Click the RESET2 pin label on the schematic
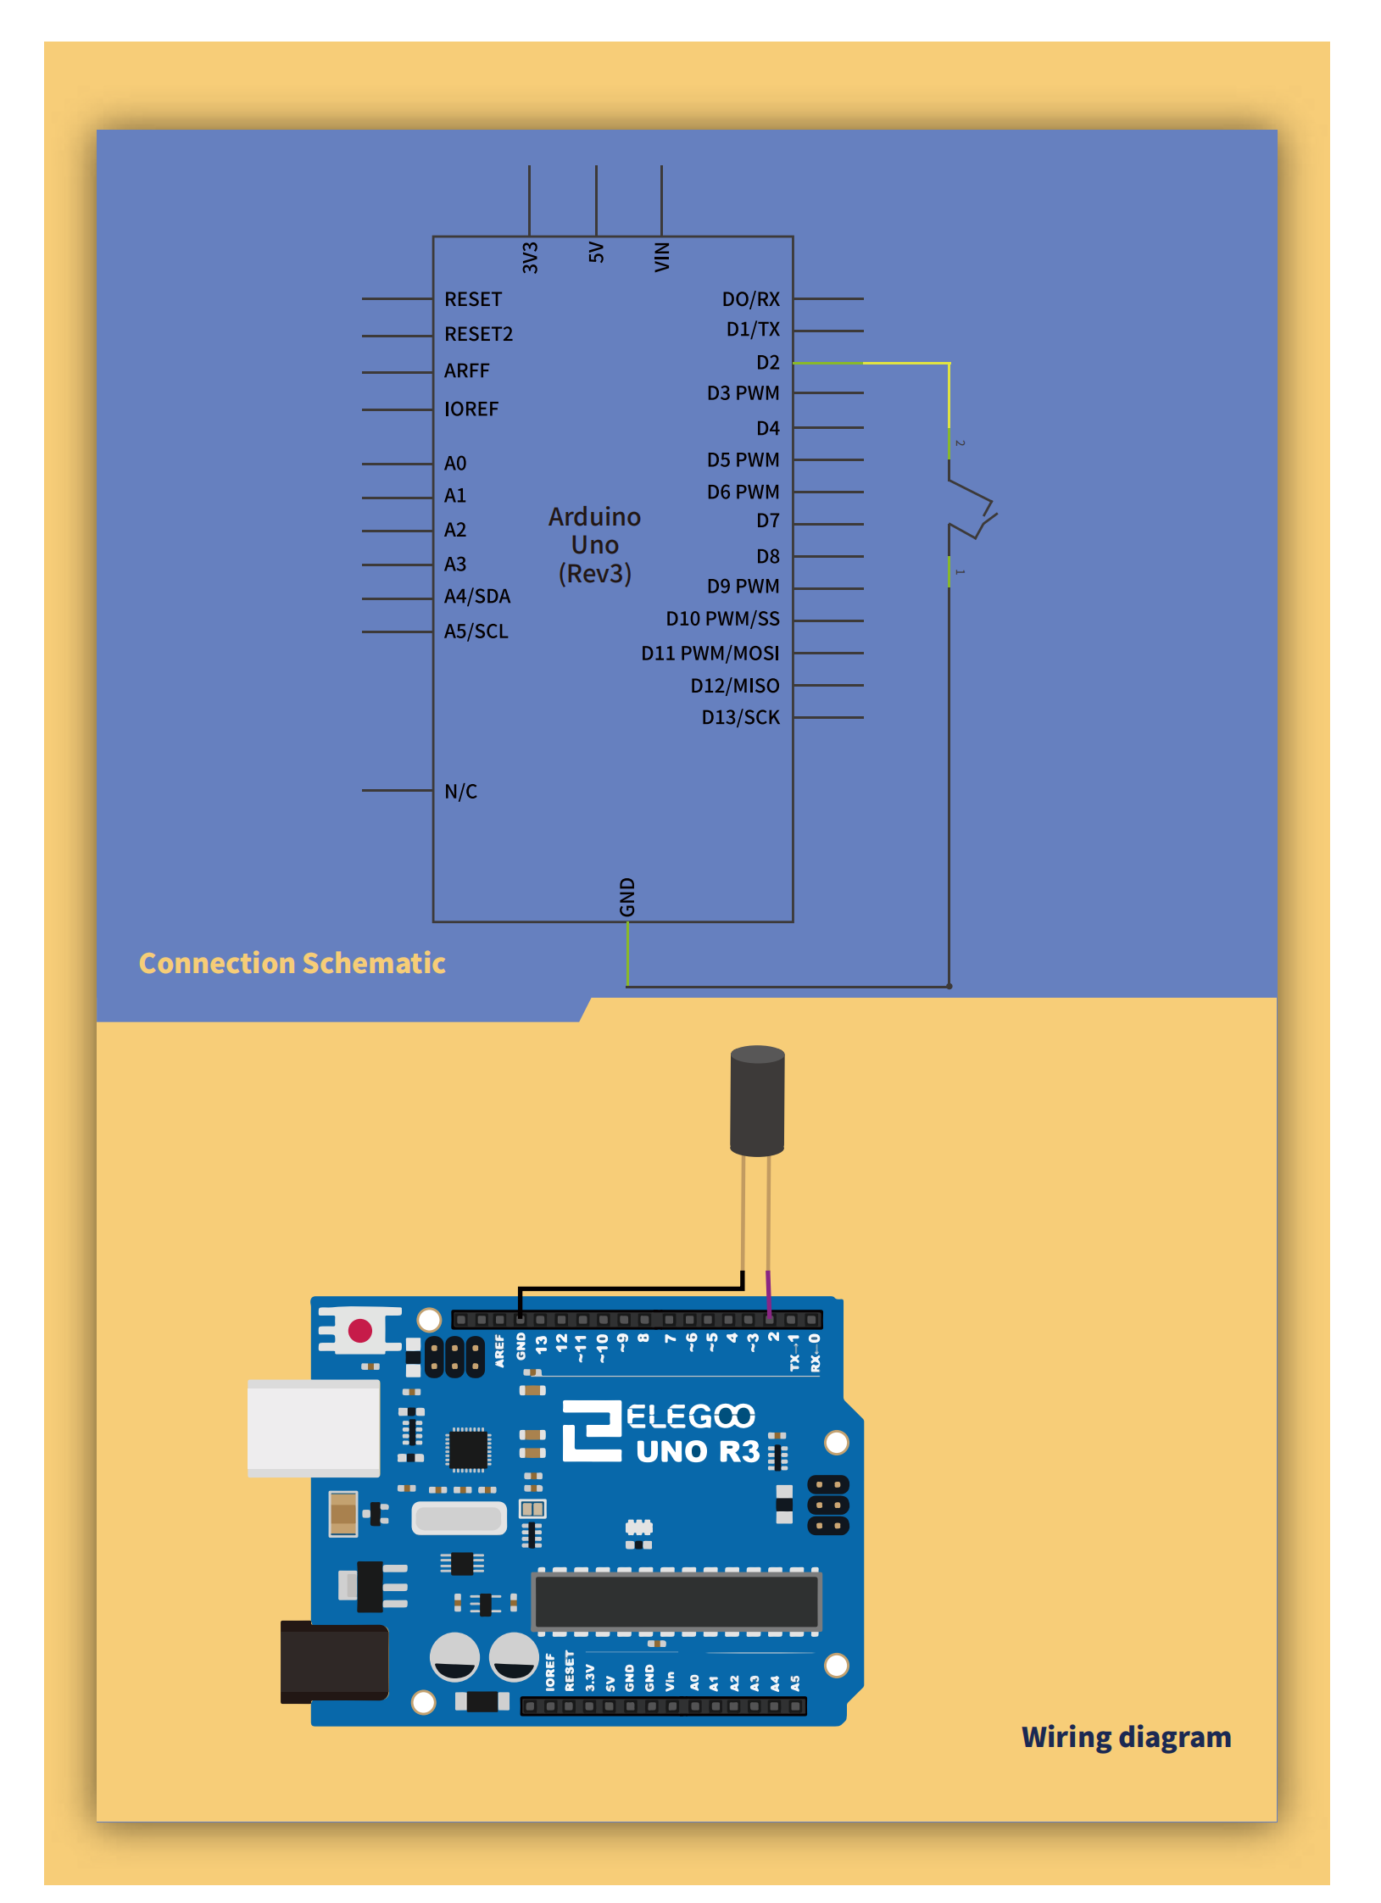click(478, 334)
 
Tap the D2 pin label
click(767, 363)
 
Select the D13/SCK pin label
click(740, 717)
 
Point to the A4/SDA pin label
click(477, 597)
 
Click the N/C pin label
click(460, 791)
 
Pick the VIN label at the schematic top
click(662, 257)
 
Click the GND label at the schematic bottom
click(627, 897)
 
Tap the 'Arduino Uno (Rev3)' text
click(594, 545)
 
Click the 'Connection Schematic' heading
click(292, 963)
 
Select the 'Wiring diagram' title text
click(1126, 1737)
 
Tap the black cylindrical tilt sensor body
click(757, 1100)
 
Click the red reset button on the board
click(360, 1330)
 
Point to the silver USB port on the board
click(313, 1428)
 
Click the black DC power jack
click(334, 1661)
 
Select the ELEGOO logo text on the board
click(690, 1416)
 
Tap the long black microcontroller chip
click(677, 1601)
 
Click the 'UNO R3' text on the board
click(698, 1451)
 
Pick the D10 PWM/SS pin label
click(722, 619)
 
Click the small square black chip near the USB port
click(467, 1450)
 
